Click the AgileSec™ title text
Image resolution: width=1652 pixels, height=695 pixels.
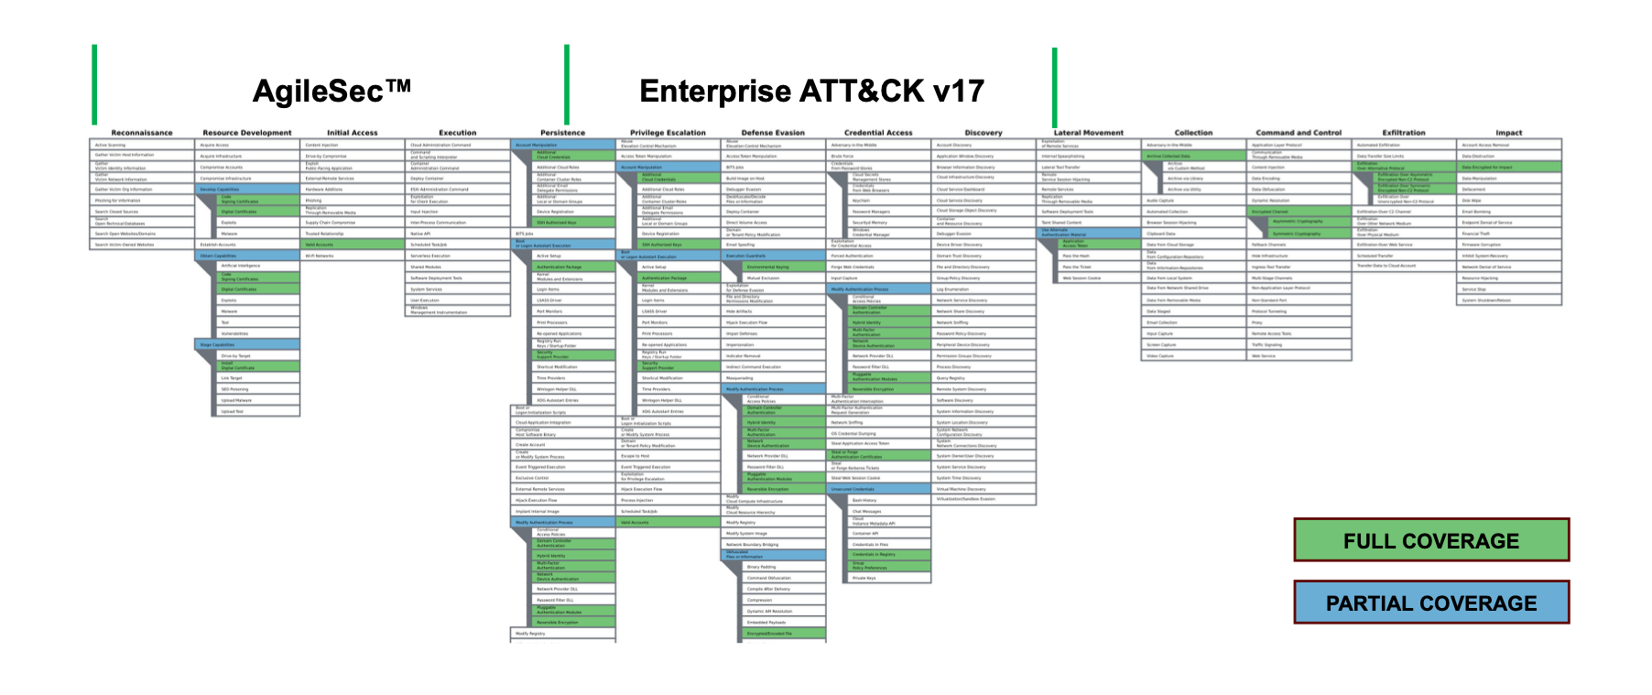(x=331, y=92)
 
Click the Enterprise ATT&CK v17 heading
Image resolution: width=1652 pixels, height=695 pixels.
(x=811, y=92)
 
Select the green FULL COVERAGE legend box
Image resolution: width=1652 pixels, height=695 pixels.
(x=1430, y=540)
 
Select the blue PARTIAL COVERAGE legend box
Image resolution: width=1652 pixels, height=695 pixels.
(x=1430, y=603)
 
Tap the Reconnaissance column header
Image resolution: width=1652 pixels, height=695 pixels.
(x=142, y=133)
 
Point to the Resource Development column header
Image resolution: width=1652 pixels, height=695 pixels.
(x=247, y=133)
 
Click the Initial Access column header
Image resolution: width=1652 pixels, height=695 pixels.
(x=353, y=133)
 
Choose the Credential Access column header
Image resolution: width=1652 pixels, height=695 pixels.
(x=878, y=133)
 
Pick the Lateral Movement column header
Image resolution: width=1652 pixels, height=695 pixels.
(x=1089, y=133)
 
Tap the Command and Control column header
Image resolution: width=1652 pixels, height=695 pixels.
(x=1299, y=133)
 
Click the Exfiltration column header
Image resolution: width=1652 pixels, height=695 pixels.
(x=1404, y=133)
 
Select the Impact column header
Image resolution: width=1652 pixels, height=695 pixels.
(x=1509, y=133)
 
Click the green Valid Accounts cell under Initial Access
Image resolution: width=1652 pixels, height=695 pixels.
(x=353, y=244)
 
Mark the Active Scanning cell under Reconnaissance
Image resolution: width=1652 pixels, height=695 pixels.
(x=142, y=145)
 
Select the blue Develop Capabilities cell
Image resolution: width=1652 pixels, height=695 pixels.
(x=247, y=190)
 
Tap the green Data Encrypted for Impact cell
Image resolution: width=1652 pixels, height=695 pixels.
(x=1509, y=168)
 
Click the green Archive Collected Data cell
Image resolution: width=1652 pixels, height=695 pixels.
(x=1193, y=157)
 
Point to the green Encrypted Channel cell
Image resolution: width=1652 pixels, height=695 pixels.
(x=1299, y=212)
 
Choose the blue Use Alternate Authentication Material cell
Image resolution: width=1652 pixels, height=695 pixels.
(x=1089, y=233)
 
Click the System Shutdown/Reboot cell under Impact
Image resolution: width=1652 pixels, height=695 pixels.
(x=1509, y=300)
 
